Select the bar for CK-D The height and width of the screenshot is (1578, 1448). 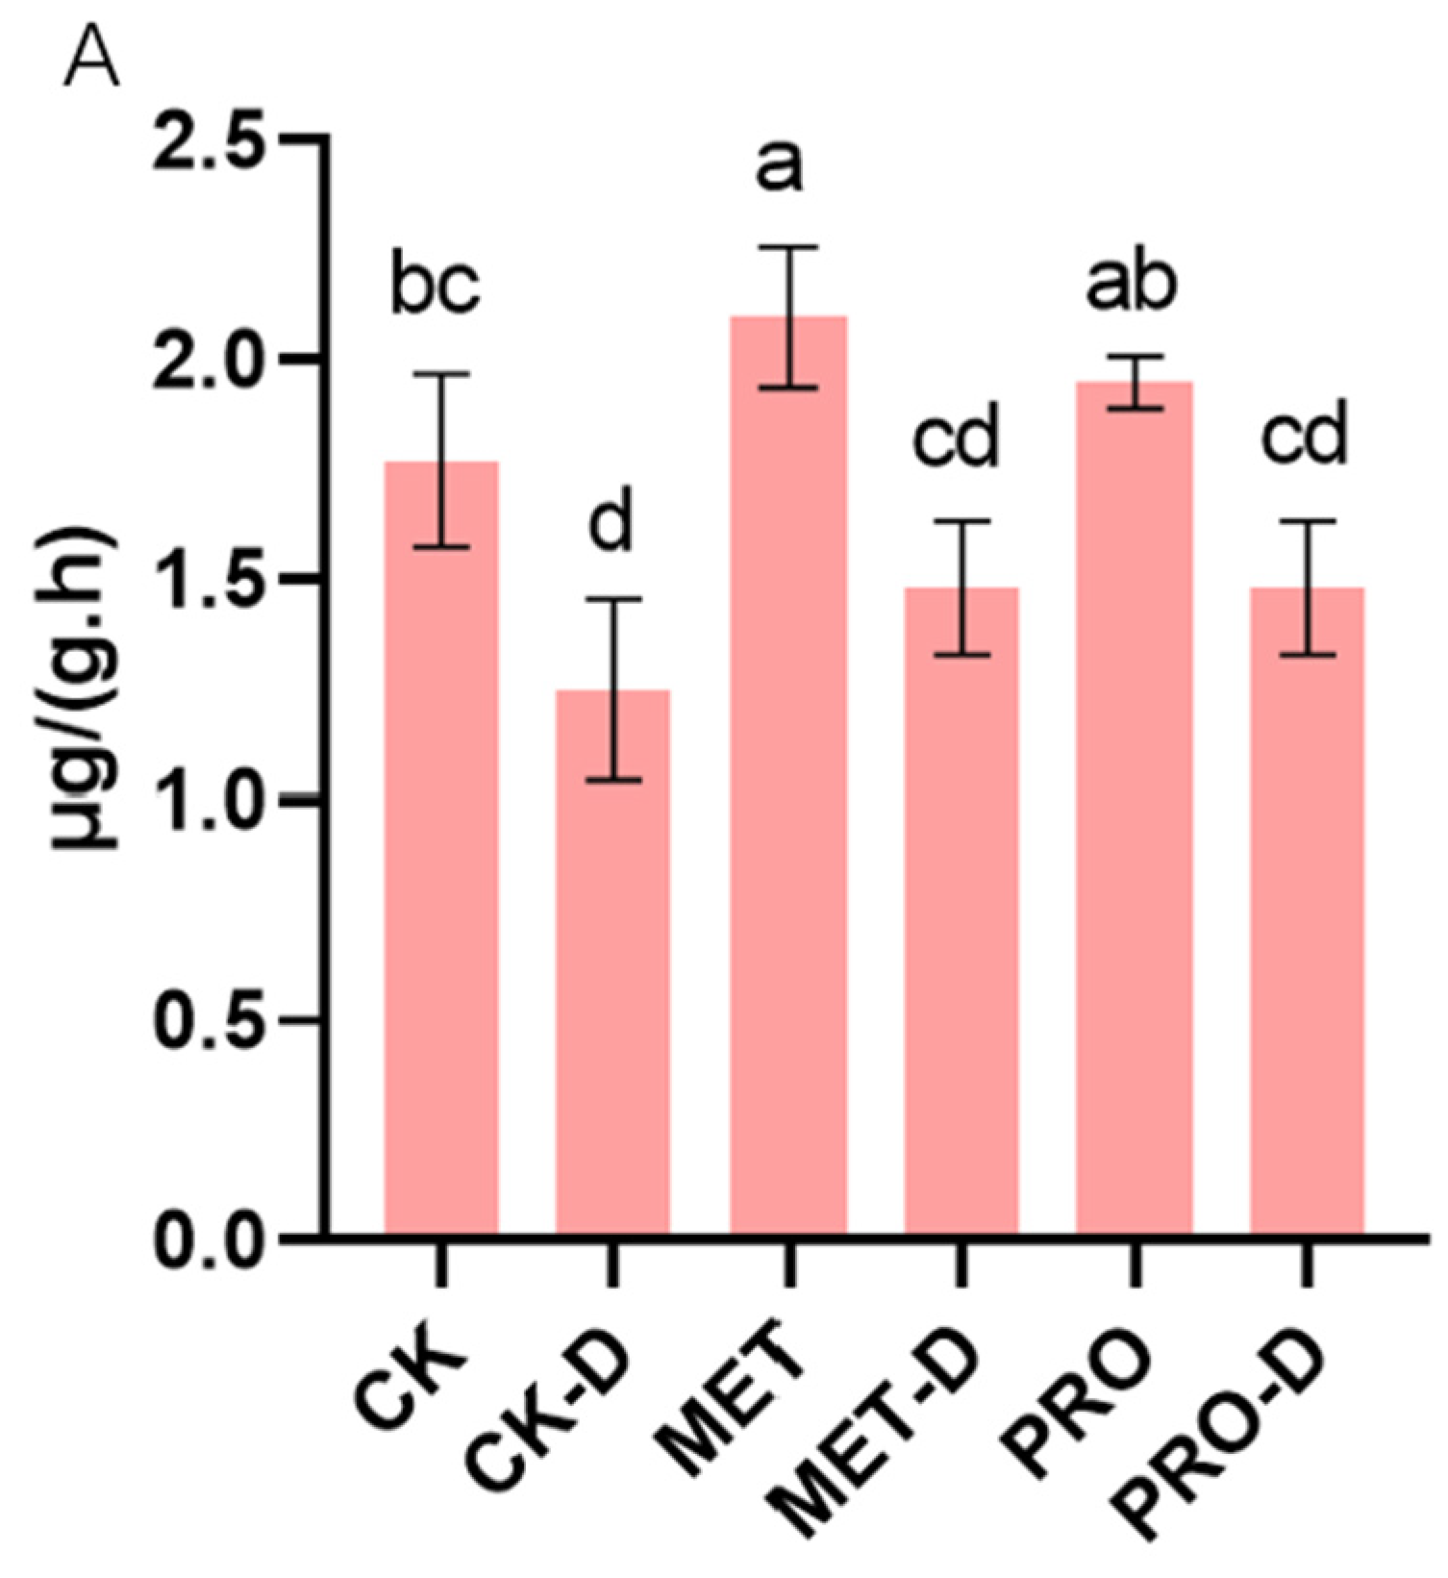tap(613, 962)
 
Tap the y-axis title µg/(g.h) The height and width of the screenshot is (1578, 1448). tap(85, 689)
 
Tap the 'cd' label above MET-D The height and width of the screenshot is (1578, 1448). tap(956, 438)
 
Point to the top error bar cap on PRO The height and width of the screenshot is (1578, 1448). tap(1135, 357)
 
